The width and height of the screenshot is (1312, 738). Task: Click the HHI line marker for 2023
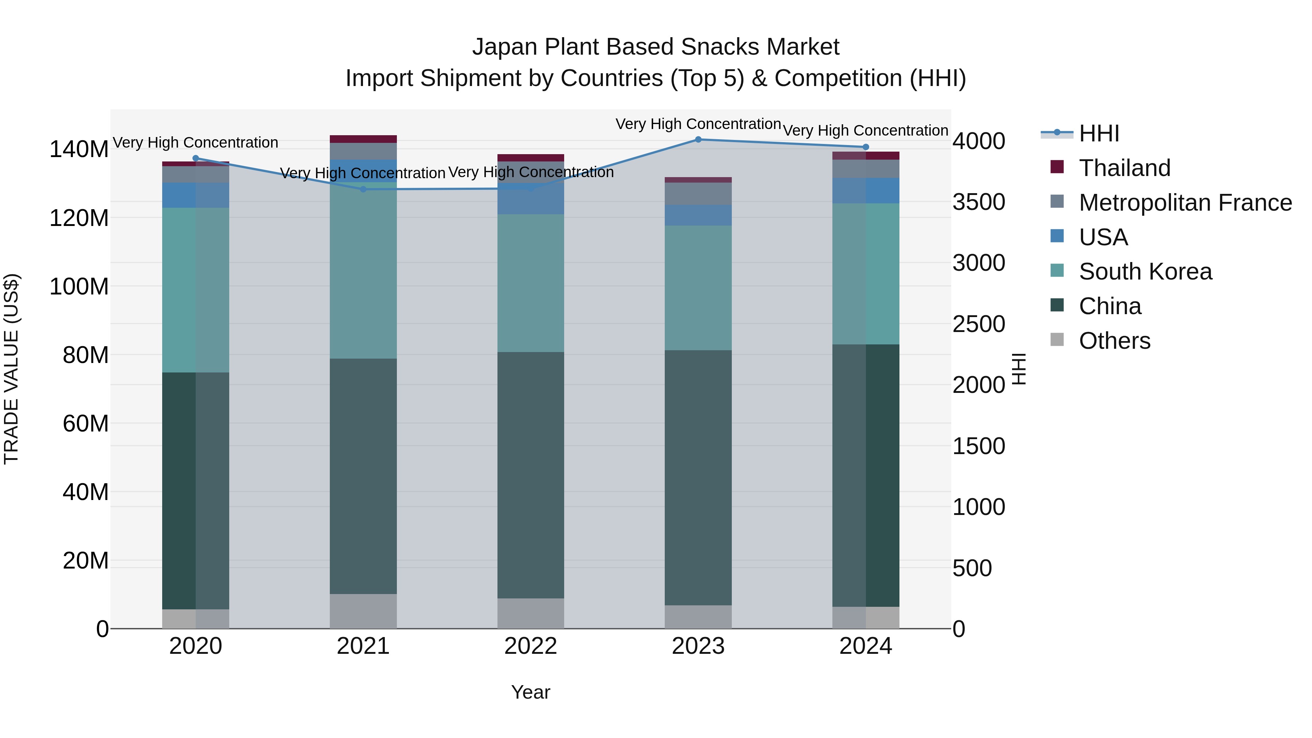[698, 139]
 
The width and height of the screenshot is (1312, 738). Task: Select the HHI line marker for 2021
[363, 190]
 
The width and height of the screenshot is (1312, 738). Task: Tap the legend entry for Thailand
[1125, 168]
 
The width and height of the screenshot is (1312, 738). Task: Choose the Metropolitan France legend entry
[1185, 203]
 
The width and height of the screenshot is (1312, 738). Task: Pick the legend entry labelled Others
[1114, 341]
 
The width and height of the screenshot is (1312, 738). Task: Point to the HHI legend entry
[1098, 133]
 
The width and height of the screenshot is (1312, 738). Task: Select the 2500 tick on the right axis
[979, 324]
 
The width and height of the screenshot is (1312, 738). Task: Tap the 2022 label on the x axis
[531, 646]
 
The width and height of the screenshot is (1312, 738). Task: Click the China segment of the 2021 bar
[363, 476]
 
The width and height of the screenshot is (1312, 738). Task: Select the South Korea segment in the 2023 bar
[698, 288]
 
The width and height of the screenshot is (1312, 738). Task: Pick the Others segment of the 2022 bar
[531, 613]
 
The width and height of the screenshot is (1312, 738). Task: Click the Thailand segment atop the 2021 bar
[363, 139]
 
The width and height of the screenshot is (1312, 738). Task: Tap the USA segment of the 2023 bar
[698, 215]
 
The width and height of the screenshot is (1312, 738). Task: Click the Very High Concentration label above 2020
[196, 142]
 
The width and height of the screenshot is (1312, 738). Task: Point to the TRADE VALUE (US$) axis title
[12, 369]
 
